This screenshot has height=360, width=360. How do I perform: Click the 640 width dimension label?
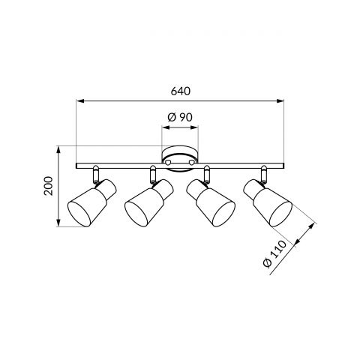point(181,91)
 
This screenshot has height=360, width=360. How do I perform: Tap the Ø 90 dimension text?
point(180,117)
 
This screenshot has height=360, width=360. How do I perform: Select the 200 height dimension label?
point(48,186)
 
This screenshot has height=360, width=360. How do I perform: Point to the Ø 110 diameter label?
point(274,254)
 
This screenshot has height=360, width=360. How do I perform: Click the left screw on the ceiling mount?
point(169,162)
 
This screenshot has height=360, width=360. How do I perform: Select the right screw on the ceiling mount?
point(192,162)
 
